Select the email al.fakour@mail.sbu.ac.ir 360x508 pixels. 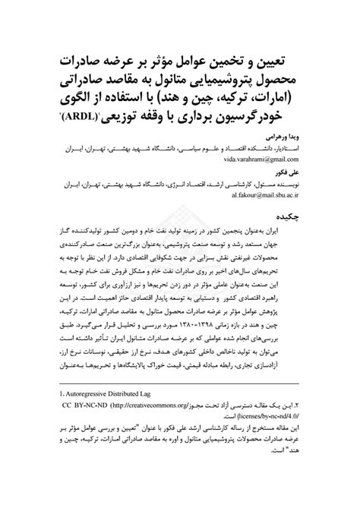[x=267, y=194]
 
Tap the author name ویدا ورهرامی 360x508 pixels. [x=289, y=135]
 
